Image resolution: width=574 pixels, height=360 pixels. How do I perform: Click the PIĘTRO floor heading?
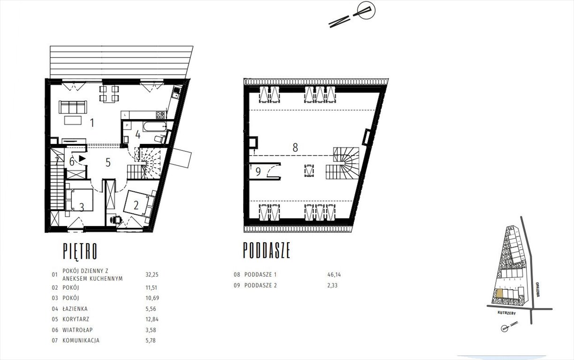coord(80,251)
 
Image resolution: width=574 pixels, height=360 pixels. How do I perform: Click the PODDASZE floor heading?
coord(267,250)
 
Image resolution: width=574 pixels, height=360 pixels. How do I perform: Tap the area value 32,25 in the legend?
coord(152,275)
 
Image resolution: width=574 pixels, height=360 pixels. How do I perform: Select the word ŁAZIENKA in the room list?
coord(75,309)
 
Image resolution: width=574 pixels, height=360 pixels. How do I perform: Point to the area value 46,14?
coord(334,275)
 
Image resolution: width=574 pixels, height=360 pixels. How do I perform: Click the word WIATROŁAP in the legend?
coord(77,330)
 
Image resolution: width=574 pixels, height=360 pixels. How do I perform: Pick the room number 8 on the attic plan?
coord(295,147)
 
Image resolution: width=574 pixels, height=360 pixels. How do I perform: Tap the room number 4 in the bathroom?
coord(138,135)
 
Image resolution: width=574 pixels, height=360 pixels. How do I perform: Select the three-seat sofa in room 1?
coord(73,107)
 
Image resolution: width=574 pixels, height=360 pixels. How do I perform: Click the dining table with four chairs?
coord(109,94)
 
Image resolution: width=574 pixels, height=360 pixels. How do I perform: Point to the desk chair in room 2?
coord(116,219)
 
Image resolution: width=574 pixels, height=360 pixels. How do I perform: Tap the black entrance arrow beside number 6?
coord(82,158)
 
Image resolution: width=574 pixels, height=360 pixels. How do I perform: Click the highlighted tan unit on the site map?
coord(499,293)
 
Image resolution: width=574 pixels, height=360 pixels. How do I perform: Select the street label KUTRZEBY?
coord(506,313)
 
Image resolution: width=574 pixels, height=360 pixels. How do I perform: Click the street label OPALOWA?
coord(537,290)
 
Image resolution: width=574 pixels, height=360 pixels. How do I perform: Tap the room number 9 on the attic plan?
coord(258,172)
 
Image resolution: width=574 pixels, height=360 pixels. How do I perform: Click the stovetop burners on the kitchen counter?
coord(161,115)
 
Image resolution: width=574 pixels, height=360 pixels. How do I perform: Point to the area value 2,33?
coord(332,285)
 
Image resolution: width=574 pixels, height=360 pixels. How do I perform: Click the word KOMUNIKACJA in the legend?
coord(81,340)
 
